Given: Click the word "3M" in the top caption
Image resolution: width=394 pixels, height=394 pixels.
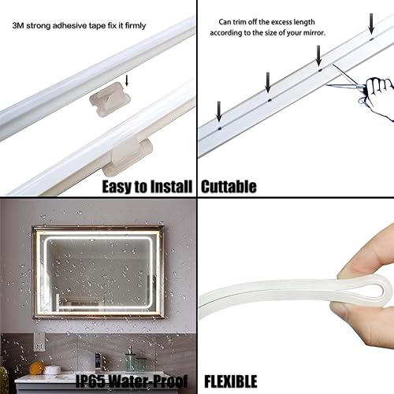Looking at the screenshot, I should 18,25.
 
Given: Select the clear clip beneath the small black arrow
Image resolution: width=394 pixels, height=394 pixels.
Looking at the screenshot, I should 113,100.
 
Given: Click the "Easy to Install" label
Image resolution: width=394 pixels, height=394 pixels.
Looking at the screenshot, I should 147,187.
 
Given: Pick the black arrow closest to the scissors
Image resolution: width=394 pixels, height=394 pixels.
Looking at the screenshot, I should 319,54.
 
